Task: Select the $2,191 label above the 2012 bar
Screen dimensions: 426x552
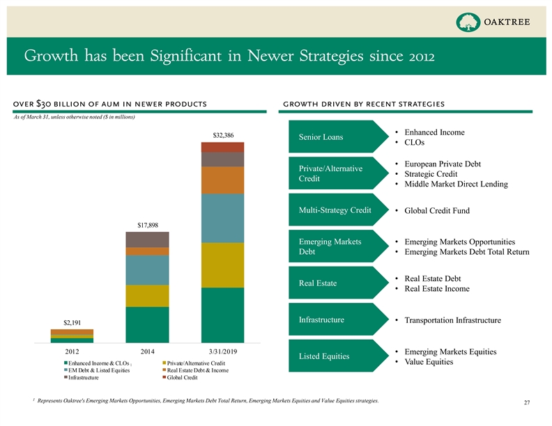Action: click(72, 322)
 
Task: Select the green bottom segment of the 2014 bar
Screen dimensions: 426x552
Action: click(147, 324)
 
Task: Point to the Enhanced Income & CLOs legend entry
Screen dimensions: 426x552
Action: click(100, 363)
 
